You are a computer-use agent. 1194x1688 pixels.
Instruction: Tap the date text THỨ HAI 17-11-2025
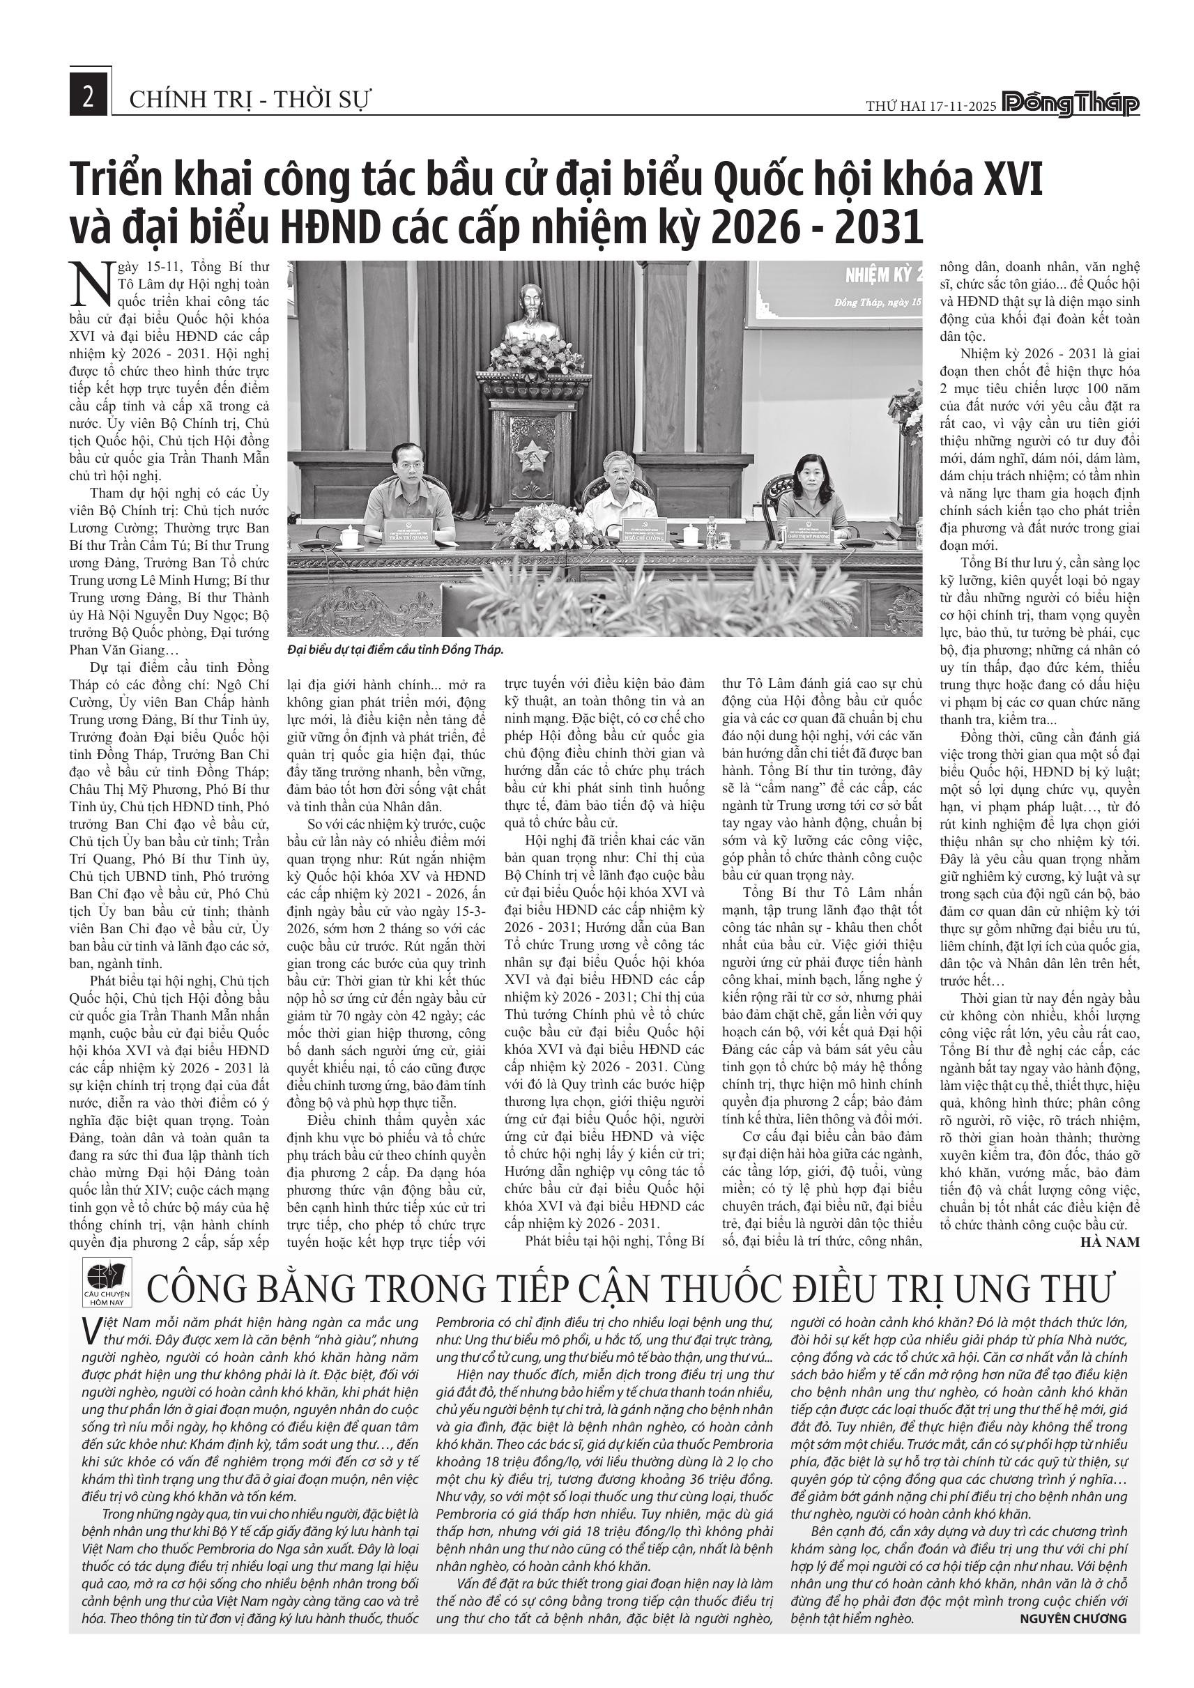coord(931,106)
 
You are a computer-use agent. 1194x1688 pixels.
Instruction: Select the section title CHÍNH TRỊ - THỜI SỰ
coord(250,99)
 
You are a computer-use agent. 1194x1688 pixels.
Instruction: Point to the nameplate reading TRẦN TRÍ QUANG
coord(408,536)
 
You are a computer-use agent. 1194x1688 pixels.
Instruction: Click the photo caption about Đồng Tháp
coord(395,651)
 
